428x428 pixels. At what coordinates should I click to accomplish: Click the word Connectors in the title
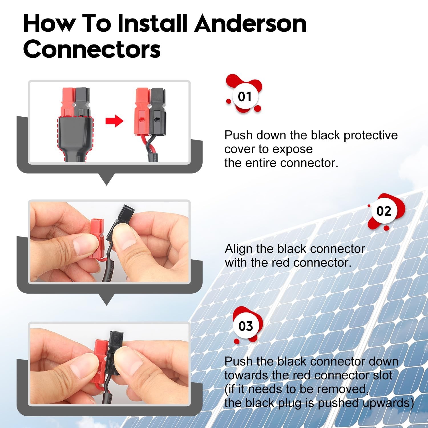pyautogui.click(x=92, y=49)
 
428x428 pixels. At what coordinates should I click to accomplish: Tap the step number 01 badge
pyautogui.click(x=244, y=97)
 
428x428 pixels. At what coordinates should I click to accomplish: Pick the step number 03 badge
pyautogui.click(x=246, y=326)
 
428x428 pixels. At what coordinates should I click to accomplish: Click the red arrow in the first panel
pyautogui.click(x=114, y=121)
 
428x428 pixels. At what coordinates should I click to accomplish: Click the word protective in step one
pyautogui.click(x=370, y=135)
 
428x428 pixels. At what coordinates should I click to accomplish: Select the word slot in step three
pyautogui.click(x=383, y=375)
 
